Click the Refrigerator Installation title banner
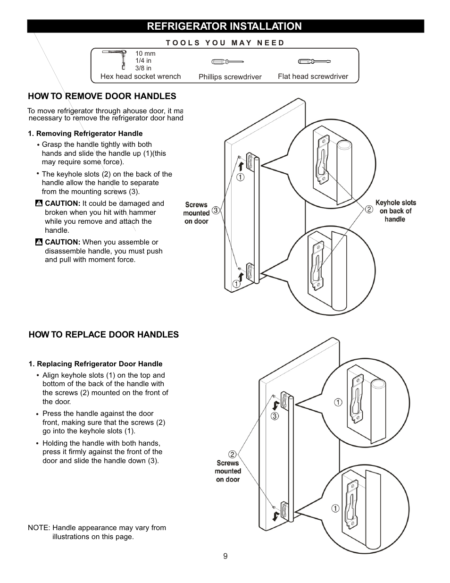point(225,26)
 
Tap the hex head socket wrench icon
point(114,59)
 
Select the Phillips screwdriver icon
point(227,62)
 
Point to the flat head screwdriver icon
point(314,61)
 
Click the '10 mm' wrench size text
point(145,53)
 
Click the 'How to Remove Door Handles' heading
point(102,96)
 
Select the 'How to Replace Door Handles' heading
point(103,335)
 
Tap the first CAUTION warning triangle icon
point(39,203)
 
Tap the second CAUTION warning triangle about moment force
point(39,242)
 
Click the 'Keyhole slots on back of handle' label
point(395,211)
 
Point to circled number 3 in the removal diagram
point(216,210)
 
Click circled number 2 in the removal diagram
point(369,209)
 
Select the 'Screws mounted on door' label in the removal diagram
point(196,213)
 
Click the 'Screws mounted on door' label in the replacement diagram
point(228,471)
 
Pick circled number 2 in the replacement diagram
point(232,454)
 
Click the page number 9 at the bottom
point(225,556)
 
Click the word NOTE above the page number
point(39,528)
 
